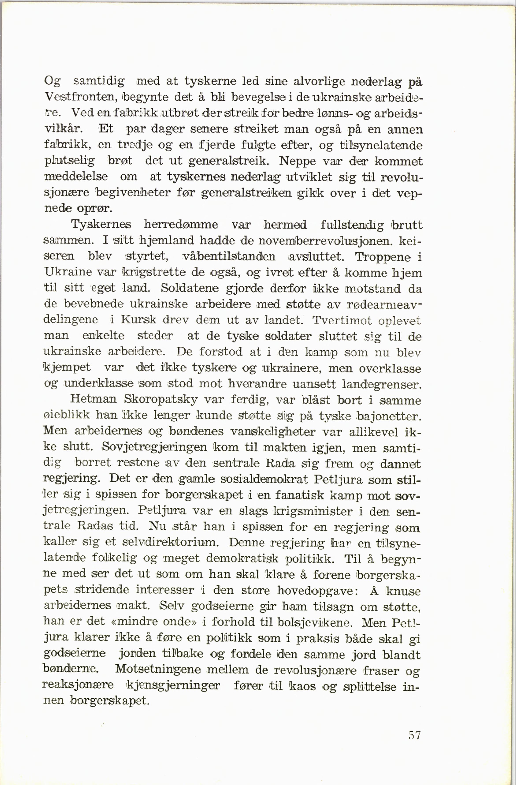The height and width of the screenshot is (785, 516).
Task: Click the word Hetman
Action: click(93, 399)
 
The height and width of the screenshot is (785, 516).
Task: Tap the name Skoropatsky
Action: click(160, 400)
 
